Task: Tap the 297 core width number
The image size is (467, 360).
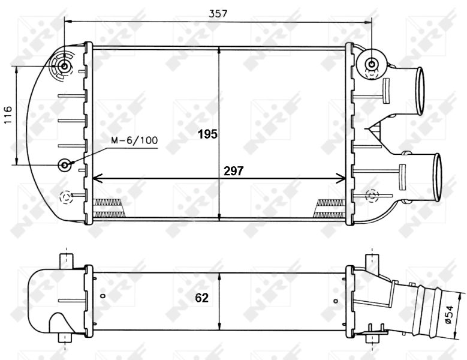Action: click(x=233, y=171)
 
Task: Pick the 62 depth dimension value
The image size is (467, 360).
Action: click(x=201, y=298)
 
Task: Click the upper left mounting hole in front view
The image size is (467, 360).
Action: click(x=63, y=65)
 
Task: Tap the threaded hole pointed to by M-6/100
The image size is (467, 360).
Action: click(x=65, y=164)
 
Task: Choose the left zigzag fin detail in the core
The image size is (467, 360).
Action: click(x=109, y=208)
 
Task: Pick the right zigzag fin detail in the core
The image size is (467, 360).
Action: click(x=328, y=208)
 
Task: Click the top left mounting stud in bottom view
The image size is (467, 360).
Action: click(x=65, y=260)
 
